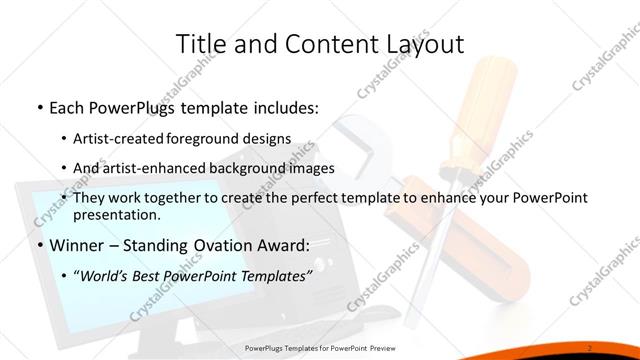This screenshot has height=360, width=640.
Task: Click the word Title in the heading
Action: [197, 44]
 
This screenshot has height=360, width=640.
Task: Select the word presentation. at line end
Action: [116, 215]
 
